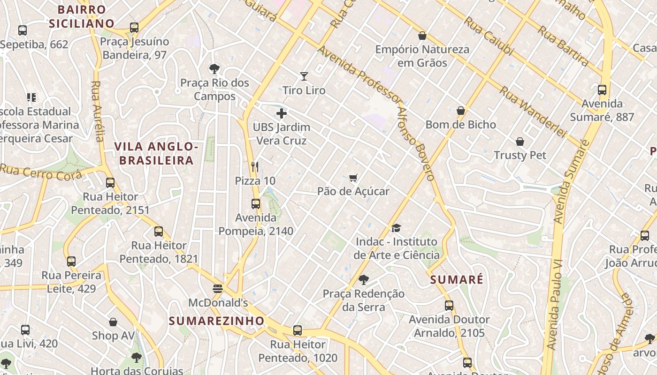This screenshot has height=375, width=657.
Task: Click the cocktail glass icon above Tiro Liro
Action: [x=304, y=76]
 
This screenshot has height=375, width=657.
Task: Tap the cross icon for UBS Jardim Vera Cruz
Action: [x=282, y=113]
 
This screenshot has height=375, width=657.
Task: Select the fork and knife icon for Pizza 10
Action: [x=255, y=166]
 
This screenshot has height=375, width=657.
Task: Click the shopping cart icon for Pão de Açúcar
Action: [x=353, y=178]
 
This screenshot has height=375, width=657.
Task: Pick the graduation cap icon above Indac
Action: [x=396, y=228]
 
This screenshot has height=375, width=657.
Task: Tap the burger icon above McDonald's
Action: [x=217, y=289]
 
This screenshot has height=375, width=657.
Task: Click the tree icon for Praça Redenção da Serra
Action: [x=363, y=280]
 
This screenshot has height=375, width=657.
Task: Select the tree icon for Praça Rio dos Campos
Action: [x=214, y=69]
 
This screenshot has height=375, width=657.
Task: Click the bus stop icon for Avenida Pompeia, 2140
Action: [x=256, y=204]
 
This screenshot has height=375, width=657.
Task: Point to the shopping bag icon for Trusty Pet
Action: [x=520, y=142]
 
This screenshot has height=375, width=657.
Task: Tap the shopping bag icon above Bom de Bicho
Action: [x=461, y=111]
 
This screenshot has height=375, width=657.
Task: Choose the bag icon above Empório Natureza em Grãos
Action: [x=422, y=36]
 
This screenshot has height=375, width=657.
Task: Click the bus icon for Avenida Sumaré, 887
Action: [x=602, y=90]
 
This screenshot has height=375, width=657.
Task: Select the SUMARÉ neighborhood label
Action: [x=457, y=280]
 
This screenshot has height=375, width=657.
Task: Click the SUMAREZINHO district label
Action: [x=216, y=321]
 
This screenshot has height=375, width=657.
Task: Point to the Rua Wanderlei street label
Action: [x=533, y=112]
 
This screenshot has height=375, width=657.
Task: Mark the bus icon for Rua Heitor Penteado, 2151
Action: [x=110, y=183]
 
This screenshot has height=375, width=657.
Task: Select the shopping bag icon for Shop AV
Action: [x=113, y=322]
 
